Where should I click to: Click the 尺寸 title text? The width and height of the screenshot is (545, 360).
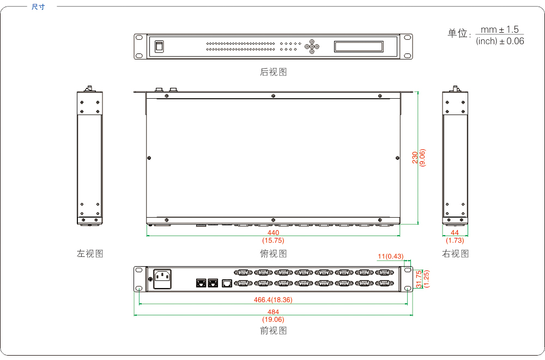tap(38, 7)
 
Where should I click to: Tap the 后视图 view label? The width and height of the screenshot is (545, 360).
tap(273, 72)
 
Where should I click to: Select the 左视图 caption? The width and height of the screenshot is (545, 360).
tap(90, 254)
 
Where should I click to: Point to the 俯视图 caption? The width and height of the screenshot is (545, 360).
tap(273, 254)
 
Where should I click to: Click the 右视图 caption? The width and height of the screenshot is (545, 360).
tap(455, 254)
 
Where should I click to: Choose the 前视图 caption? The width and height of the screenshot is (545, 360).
tap(273, 331)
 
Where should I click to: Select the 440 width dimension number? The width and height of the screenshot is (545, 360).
tap(273, 233)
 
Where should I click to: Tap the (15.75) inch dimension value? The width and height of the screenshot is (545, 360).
tap(273, 240)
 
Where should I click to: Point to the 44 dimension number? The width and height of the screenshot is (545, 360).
tap(455, 233)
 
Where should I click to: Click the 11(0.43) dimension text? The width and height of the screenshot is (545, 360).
tap(391, 256)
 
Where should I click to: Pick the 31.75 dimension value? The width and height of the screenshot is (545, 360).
tap(419, 279)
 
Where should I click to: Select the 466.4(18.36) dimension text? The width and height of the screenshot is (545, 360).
tap(273, 300)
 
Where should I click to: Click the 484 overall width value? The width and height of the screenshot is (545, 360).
tap(273, 312)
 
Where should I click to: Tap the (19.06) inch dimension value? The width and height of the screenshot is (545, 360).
tap(273, 319)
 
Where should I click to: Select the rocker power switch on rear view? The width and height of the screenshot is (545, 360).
tap(159, 46)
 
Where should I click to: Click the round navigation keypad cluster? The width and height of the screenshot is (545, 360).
tap(312, 46)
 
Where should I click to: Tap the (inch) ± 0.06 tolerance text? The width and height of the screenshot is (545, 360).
tap(500, 41)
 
